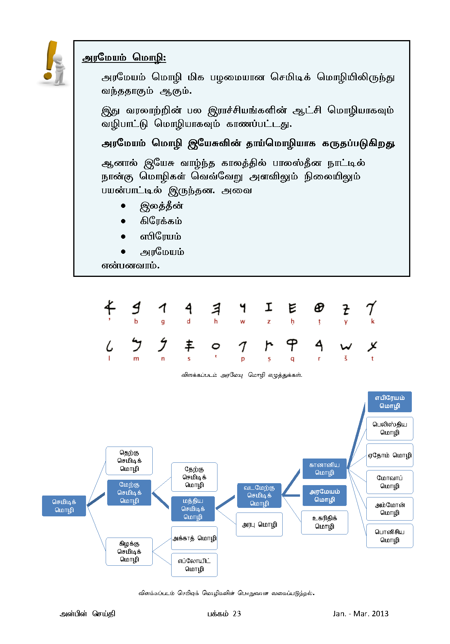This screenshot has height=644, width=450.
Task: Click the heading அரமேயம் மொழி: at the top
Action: coord(124,58)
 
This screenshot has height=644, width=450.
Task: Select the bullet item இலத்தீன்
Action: coord(161,206)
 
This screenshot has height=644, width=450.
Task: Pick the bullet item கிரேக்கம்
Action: coord(161,221)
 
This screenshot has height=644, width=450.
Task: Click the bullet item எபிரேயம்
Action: coord(160,237)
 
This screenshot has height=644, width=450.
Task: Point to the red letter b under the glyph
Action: coord(136,322)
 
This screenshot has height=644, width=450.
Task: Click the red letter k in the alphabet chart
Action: coord(372,322)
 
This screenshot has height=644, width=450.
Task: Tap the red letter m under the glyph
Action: coord(136,359)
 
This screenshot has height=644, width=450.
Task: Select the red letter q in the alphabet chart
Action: coord(292,359)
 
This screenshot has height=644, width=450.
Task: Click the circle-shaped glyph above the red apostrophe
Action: coord(216,346)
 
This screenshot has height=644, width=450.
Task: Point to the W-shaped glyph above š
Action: coord(346,347)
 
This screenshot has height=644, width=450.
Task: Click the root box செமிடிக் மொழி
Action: coord(64,506)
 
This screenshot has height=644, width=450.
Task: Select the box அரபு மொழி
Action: coord(260,524)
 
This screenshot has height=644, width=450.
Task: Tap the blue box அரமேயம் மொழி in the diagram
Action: coord(324,496)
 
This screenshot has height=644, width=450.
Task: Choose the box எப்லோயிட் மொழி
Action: coord(194,565)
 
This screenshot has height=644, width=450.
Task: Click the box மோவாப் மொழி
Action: coord(389,482)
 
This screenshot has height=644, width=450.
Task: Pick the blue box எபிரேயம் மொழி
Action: coord(389,402)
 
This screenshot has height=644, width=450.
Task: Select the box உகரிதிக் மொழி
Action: coord(324,522)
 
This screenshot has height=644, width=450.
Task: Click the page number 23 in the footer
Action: coord(237,614)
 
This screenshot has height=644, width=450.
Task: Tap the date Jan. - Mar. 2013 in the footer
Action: coord(361,614)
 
